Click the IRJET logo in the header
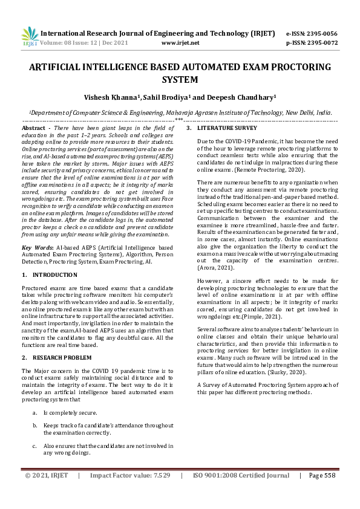[x=29, y=37]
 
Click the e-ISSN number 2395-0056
[x=321, y=34]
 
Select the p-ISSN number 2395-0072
[x=321, y=43]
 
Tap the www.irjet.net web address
[x=181, y=43]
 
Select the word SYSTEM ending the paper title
[x=180, y=79]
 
